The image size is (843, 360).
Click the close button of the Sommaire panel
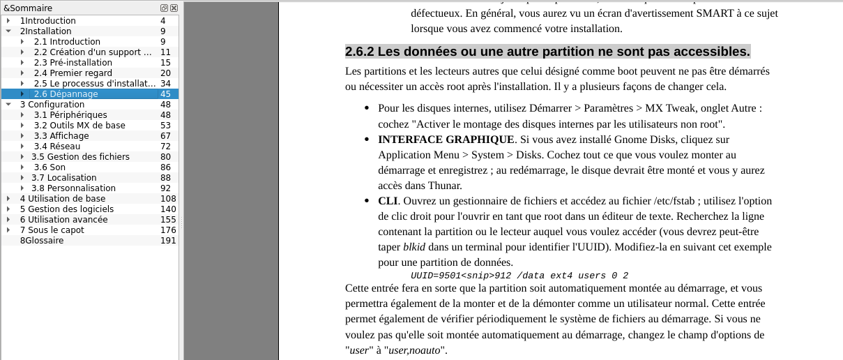pyautogui.click(x=174, y=8)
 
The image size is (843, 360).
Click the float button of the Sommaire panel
pyautogui.click(x=164, y=8)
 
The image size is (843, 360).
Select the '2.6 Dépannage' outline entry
pyautogui.click(x=66, y=94)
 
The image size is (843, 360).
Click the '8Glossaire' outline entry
pyautogui.click(x=41, y=241)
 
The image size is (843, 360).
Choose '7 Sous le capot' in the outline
pyautogui.click(x=52, y=230)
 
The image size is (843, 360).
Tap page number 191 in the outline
pyautogui.click(x=167, y=241)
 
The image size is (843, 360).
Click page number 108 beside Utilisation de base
pyautogui.click(x=167, y=199)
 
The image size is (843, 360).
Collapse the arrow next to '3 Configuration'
pyautogui.click(x=8, y=105)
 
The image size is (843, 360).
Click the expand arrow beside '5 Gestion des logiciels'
pyautogui.click(x=8, y=209)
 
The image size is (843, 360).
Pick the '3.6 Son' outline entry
pyautogui.click(x=50, y=167)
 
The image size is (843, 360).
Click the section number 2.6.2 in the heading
pyautogui.click(x=360, y=52)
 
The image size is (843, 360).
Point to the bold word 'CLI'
pyautogui.click(x=387, y=201)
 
